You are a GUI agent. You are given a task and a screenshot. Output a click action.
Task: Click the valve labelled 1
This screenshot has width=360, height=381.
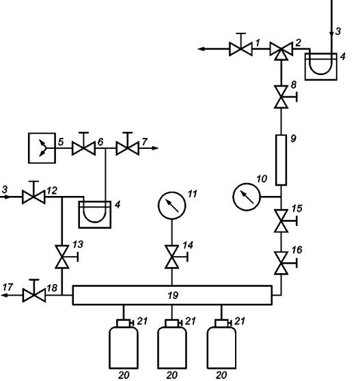(240, 48)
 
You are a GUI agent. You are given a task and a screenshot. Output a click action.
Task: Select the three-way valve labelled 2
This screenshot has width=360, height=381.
(281, 50)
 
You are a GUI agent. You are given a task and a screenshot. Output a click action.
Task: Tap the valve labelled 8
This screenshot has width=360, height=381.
(281, 97)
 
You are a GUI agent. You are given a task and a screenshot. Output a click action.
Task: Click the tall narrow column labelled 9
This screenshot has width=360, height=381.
(281, 160)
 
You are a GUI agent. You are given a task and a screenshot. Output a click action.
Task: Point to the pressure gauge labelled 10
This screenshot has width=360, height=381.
(247, 197)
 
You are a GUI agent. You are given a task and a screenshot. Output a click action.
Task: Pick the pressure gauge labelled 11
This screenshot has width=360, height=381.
(172, 206)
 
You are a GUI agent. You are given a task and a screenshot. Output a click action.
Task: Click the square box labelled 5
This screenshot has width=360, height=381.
(42, 148)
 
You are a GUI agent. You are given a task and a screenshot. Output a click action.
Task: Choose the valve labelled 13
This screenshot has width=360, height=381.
(62, 257)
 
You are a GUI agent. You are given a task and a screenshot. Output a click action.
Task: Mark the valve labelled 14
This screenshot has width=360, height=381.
(172, 257)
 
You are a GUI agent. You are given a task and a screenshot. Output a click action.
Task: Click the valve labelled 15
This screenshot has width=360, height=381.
(281, 221)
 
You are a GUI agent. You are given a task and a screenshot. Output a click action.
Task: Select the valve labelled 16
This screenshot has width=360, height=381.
(281, 263)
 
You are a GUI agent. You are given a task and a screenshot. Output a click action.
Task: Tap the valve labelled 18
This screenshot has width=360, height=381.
(34, 295)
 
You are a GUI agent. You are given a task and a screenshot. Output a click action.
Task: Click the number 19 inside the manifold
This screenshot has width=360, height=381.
(173, 296)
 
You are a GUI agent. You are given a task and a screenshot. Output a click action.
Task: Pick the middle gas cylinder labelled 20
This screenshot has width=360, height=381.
(172, 348)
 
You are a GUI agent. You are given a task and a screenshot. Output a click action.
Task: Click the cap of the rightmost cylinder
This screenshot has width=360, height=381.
(221, 323)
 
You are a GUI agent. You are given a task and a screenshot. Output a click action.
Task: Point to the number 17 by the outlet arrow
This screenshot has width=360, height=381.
(8, 287)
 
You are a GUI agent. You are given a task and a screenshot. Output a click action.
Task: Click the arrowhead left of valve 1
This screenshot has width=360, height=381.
(202, 49)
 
